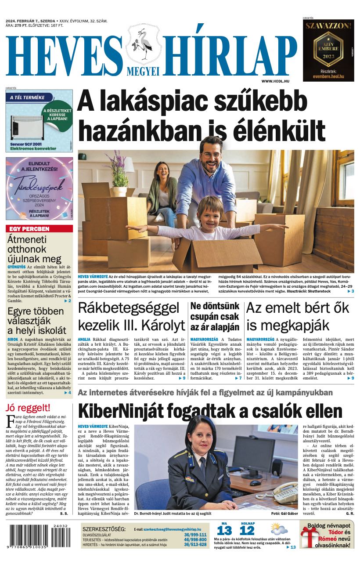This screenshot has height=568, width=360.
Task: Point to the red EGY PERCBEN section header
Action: click(39, 229)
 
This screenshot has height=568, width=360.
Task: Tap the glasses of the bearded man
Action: click(211, 155)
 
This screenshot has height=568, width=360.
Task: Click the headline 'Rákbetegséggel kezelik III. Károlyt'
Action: click(131, 316)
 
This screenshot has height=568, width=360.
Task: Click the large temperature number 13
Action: click(224, 530)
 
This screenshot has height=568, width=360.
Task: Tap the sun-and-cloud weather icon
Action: click(279, 528)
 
